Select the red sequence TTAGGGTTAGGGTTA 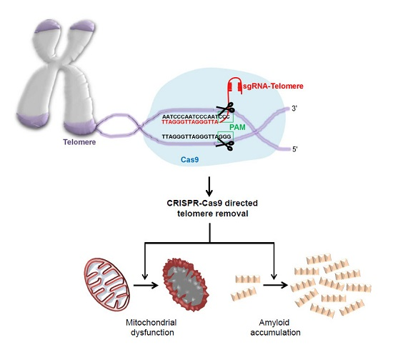[189, 121]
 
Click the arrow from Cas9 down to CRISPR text [209, 187]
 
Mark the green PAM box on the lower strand [224, 135]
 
